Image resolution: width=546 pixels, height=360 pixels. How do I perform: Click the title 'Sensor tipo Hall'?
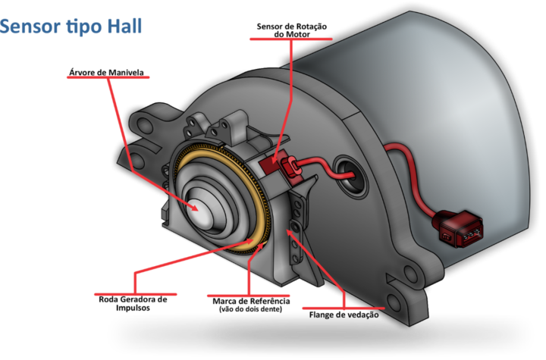click(x=71, y=27)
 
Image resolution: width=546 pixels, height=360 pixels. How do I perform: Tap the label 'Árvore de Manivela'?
click(x=107, y=73)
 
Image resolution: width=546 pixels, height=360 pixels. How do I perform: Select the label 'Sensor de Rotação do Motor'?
click(x=292, y=30)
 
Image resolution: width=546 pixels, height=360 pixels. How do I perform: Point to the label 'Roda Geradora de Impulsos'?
click(x=133, y=304)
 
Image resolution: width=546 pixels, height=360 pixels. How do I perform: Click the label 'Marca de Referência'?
click(x=252, y=301)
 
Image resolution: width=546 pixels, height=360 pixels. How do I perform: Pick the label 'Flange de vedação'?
click(x=344, y=315)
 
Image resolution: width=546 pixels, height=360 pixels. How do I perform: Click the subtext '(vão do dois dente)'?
click(x=251, y=309)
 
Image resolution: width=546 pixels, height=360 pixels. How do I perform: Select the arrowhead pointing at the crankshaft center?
click(x=193, y=207)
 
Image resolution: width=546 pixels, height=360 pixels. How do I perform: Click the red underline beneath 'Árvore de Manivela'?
click(x=108, y=77)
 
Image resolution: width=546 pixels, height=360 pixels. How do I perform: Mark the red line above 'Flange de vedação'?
click(x=344, y=308)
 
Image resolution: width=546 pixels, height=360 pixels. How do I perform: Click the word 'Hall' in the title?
click(x=124, y=26)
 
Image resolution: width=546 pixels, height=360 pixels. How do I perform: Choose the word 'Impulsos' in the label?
click(x=133, y=308)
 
